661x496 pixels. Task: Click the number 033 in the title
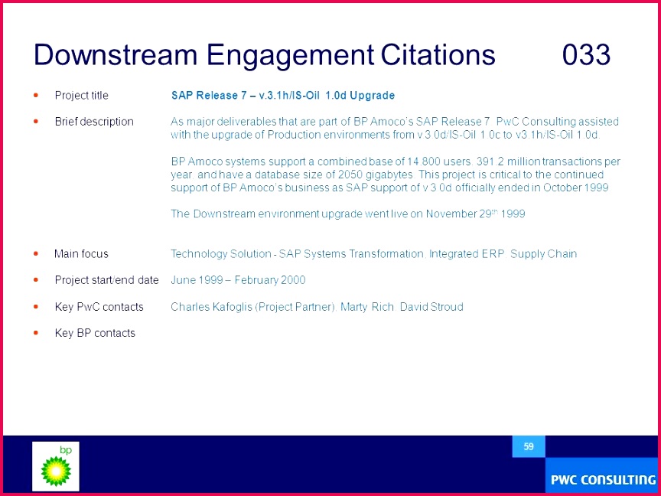click(586, 55)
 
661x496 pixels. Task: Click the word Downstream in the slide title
click(115, 55)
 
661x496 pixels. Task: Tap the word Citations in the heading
click(438, 55)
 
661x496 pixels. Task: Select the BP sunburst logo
click(56, 471)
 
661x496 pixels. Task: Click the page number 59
click(529, 446)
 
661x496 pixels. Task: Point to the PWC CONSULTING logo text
click(604, 480)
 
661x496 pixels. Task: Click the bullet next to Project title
click(36, 96)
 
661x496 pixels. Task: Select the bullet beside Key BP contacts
click(36, 333)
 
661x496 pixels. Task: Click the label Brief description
click(94, 122)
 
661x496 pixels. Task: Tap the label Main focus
click(81, 254)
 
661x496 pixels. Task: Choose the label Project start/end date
click(106, 280)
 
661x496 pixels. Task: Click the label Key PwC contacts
click(99, 307)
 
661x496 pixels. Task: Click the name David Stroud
click(431, 307)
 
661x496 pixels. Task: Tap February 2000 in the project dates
click(270, 280)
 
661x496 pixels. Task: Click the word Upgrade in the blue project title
click(373, 96)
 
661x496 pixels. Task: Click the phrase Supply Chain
click(543, 254)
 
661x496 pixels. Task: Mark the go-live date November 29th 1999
click(476, 214)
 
